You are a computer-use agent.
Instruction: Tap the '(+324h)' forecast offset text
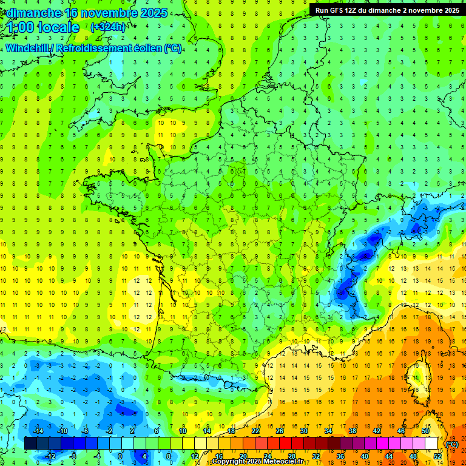(x=107, y=27)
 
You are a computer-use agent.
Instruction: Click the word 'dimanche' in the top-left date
(x=31, y=13)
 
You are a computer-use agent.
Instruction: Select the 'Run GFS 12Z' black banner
(x=387, y=10)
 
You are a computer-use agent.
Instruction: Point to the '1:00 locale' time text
(x=44, y=27)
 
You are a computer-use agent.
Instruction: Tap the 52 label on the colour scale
(x=437, y=456)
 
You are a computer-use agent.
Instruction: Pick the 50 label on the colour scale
(x=425, y=431)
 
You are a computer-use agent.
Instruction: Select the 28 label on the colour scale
(x=292, y=456)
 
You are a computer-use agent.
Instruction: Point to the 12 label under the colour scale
(x=195, y=456)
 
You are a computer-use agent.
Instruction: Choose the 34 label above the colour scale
(x=328, y=431)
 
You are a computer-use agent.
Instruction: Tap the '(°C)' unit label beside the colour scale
(x=451, y=444)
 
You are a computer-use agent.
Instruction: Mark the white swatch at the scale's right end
(x=431, y=444)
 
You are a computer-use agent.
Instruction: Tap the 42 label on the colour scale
(x=377, y=431)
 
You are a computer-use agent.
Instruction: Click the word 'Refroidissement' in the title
(x=92, y=49)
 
